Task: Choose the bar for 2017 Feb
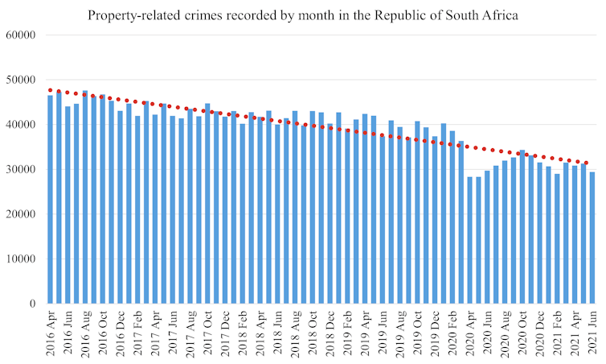137,209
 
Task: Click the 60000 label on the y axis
22,35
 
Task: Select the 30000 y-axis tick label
22,170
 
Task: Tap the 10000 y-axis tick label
22,259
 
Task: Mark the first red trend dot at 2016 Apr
50,90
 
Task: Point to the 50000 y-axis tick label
22,81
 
